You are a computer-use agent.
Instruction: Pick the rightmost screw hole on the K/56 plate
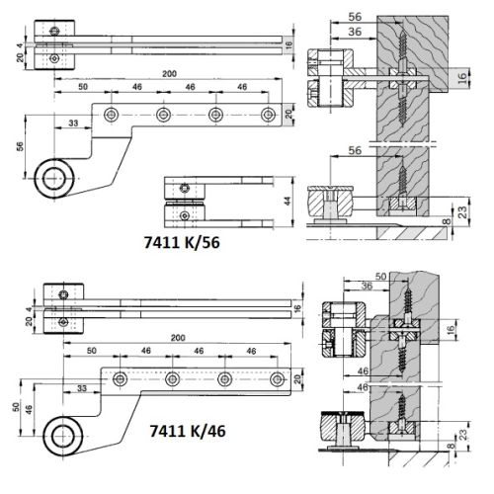(267, 114)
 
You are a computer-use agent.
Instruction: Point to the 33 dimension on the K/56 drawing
(72, 123)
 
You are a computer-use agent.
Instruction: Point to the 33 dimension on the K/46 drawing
(80, 386)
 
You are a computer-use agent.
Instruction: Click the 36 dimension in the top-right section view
(353, 34)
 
